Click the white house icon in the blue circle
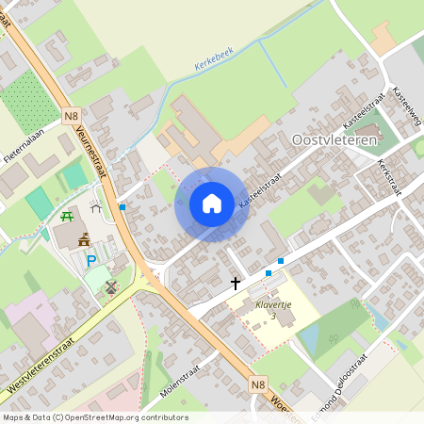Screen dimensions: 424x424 pyautogui.click(x=212, y=204)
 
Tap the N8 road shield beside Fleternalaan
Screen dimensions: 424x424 pyautogui.click(x=72, y=116)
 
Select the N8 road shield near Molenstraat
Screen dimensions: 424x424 pyautogui.click(x=258, y=384)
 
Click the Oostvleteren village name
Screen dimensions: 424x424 pyautogui.click(x=334, y=139)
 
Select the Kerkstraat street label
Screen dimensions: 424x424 pyautogui.click(x=386, y=174)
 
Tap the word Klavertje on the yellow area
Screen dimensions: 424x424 pyautogui.click(x=272, y=305)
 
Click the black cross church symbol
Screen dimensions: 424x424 pyautogui.click(x=235, y=282)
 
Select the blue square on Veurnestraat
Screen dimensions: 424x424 pyautogui.click(x=122, y=206)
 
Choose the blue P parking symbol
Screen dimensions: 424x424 pyautogui.click(x=91, y=261)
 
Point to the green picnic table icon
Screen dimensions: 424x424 pyautogui.click(x=67, y=218)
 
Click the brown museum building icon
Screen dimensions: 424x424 pyautogui.click(x=84, y=239)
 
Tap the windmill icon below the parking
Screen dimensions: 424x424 pyautogui.click(x=112, y=286)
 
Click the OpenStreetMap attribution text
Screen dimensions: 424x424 pyautogui.click(x=94, y=417)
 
